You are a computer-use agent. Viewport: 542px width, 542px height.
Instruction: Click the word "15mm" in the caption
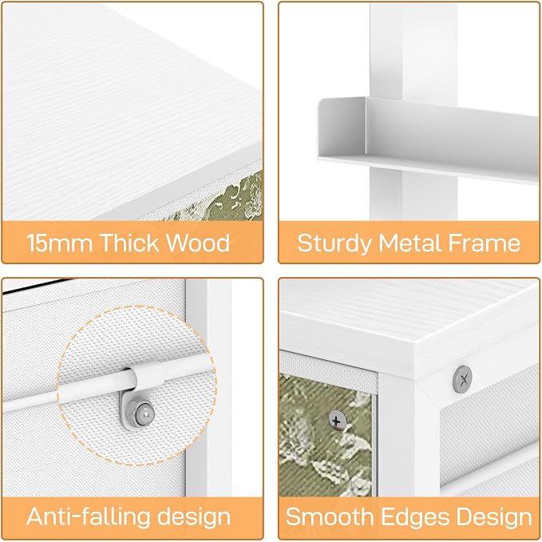59,243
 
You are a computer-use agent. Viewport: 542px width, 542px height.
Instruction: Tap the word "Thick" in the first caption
129,243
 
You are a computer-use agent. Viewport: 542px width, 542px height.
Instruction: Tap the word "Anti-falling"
88,516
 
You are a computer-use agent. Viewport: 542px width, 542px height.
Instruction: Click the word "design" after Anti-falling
194,516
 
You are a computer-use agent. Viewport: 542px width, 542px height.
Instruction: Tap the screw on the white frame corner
462,379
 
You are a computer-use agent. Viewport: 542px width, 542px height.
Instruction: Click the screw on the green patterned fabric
337,421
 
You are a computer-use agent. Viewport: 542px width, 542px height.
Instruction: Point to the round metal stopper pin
144,413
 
